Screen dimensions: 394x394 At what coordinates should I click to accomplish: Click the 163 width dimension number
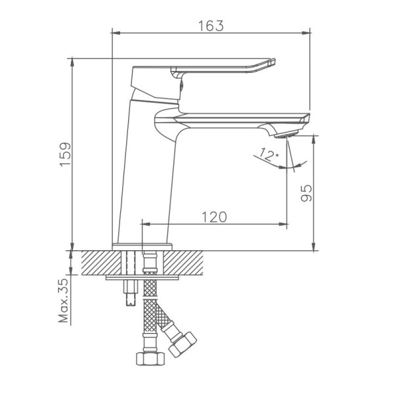[x=211, y=26]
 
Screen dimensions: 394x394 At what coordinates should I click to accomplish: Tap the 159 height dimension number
[x=66, y=154]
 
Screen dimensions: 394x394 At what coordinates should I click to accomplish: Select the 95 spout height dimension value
[x=306, y=193]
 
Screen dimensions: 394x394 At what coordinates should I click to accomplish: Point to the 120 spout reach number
[x=214, y=217]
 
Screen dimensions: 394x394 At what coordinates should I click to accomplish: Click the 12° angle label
[x=269, y=154]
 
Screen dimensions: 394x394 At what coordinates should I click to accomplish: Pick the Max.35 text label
[x=63, y=300]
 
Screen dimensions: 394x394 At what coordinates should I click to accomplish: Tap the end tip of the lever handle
[x=274, y=60]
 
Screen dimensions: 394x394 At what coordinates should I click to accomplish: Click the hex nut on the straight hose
[x=150, y=359]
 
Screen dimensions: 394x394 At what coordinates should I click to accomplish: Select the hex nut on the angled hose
[x=183, y=344]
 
